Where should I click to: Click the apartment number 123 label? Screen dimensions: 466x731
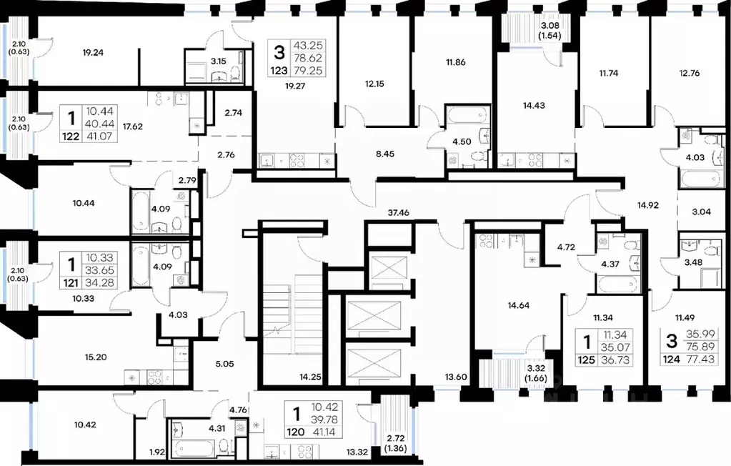point(279,71)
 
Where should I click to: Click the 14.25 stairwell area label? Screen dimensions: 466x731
point(309,376)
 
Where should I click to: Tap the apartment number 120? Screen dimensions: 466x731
point(295,432)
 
